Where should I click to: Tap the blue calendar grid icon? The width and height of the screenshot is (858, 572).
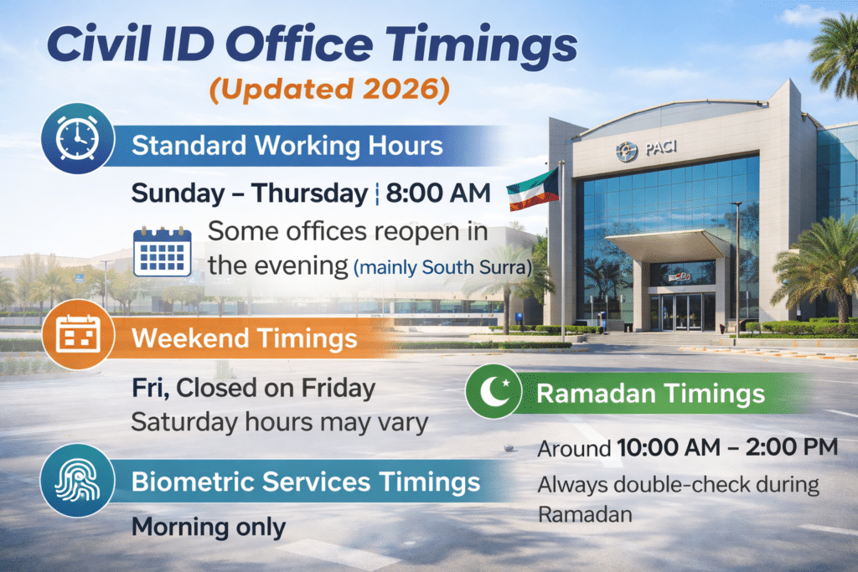(x=163, y=251)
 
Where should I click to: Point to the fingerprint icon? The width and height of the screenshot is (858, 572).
(x=77, y=480)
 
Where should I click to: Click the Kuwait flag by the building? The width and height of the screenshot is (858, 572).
(x=533, y=188)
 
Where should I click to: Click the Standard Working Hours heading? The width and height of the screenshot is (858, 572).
(x=287, y=145)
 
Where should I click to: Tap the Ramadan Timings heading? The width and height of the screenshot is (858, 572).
(x=649, y=393)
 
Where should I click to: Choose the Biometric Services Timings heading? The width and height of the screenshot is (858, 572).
(x=306, y=482)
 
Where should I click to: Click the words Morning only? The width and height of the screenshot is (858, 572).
(x=208, y=527)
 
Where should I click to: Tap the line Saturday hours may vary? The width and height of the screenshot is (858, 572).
(x=279, y=422)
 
